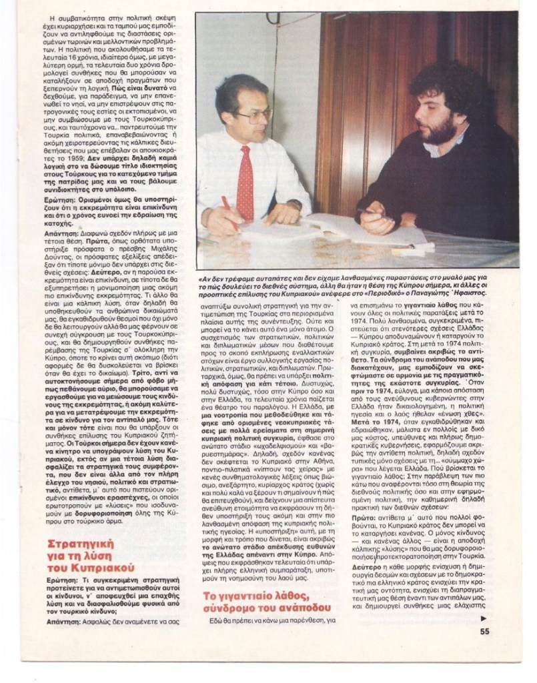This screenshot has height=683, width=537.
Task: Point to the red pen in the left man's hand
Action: tap(229, 210)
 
